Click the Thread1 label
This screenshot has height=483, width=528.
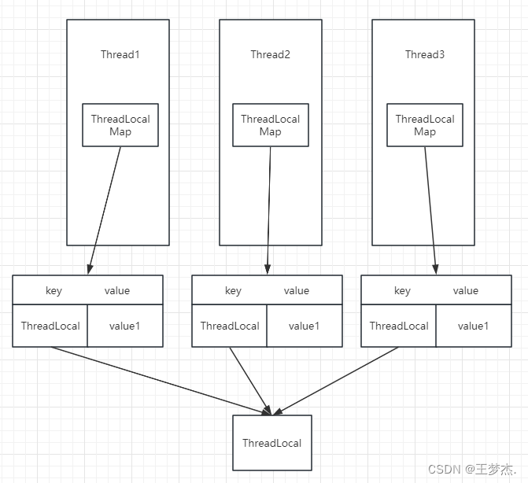[x=120, y=54]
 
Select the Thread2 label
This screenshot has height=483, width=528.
[x=270, y=54]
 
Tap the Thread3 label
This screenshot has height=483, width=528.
[x=425, y=54]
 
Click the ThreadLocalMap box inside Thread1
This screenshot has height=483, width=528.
[x=120, y=125]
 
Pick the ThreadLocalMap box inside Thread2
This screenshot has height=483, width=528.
[x=270, y=125]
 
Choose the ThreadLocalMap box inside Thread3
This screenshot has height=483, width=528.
[x=425, y=125]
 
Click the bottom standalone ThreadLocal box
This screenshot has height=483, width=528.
[x=271, y=443]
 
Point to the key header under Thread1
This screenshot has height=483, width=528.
[x=54, y=290]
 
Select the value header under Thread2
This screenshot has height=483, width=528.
[x=296, y=290]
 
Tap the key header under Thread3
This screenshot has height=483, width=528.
[x=402, y=290]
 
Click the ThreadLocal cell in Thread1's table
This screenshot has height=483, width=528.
[x=50, y=326]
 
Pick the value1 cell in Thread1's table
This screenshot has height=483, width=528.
[x=124, y=326]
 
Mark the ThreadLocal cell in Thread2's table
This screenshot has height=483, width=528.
[x=230, y=326]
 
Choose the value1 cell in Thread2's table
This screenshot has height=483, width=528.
[x=304, y=326]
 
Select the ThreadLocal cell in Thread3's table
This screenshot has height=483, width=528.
[x=399, y=326]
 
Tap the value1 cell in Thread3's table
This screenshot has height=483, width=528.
[x=473, y=326]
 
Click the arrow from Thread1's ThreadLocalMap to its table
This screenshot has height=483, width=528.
[x=105, y=210]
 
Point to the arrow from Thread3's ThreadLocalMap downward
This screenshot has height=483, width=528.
[x=430, y=210]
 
